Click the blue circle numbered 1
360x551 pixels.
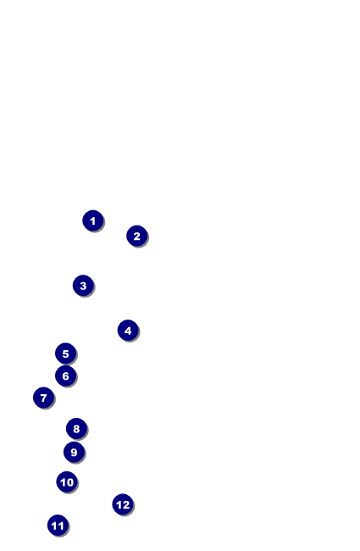(93, 220)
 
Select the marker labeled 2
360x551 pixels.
(137, 236)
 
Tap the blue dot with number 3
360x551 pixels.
(83, 286)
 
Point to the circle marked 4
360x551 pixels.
(128, 331)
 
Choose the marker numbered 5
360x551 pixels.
(65, 353)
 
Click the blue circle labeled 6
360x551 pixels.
(65, 376)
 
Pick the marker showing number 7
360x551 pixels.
(43, 398)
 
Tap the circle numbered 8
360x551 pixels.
(76, 429)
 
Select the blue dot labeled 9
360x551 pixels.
(74, 452)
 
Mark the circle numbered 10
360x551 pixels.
(67, 482)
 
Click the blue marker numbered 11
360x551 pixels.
(58, 526)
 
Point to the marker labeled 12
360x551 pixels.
(123, 504)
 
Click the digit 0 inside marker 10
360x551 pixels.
(70, 482)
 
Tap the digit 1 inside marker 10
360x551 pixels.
(63, 482)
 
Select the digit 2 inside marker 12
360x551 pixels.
(126, 504)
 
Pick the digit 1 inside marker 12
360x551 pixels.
(119, 504)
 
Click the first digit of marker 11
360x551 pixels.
(54, 526)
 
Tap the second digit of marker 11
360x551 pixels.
(61, 526)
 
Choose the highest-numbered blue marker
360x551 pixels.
(123, 504)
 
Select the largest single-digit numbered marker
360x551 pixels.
(74, 452)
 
